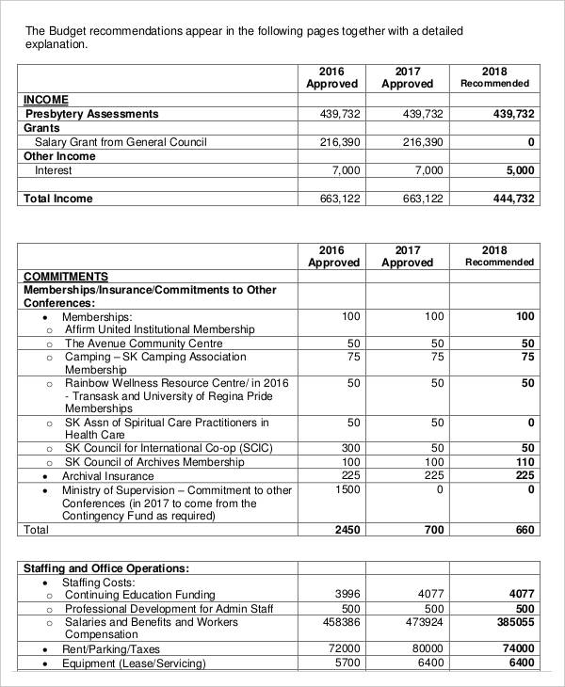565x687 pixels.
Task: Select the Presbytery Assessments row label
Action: click(91, 114)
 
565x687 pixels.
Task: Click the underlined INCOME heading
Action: click(45, 100)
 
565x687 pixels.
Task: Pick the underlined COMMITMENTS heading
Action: click(65, 277)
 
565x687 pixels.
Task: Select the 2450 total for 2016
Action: click(347, 530)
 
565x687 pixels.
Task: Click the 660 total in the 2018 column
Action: click(524, 530)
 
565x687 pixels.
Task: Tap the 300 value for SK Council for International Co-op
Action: click(350, 448)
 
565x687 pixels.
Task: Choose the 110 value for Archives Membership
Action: click(525, 462)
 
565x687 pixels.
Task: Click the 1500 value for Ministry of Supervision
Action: click(347, 490)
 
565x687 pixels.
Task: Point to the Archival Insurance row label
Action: click(107, 476)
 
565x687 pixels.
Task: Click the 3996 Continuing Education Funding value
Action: click(347, 594)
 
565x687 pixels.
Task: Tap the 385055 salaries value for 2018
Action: click(514, 622)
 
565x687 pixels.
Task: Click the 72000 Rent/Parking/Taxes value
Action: click(344, 649)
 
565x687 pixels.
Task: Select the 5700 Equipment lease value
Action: click(347, 663)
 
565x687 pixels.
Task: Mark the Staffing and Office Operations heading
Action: click(105, 568)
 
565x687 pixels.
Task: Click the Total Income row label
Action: click(58, 199)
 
